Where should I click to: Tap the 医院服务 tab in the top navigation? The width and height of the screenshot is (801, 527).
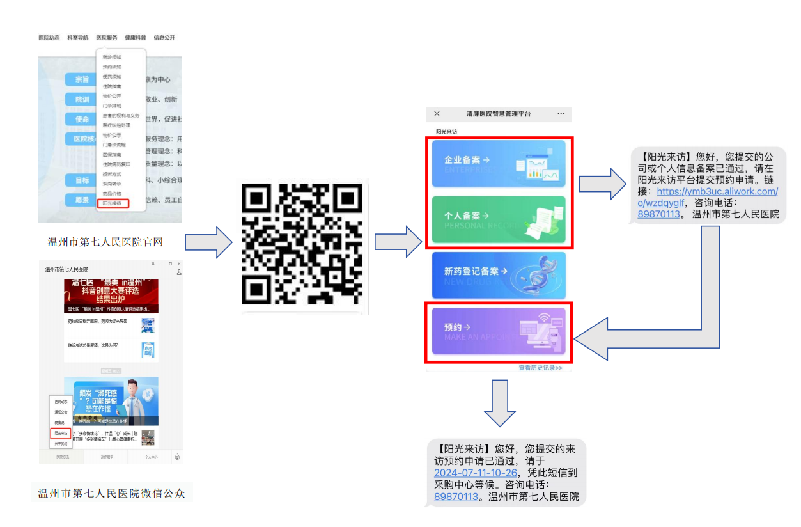[107, 38]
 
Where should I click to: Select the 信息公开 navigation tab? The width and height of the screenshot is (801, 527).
[164, 38]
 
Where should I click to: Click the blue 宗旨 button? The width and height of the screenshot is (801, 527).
[82, 79]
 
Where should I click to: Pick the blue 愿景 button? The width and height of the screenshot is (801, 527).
[82, 200]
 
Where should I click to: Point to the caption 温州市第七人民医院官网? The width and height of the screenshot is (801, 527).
[105, 242]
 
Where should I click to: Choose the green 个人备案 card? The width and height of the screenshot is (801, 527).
[499, 219]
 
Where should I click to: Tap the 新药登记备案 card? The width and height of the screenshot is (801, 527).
[499, 275]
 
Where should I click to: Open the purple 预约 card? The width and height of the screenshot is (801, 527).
[499, 331]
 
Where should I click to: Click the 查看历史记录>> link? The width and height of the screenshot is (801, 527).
[540, 368]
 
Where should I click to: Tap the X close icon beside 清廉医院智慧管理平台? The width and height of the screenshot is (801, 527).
[437, 114]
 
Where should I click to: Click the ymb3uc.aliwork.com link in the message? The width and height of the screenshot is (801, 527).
[717, 191]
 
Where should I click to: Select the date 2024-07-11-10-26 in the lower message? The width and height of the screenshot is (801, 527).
[475, 473]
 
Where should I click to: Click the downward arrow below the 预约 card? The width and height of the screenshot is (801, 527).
[499, 403]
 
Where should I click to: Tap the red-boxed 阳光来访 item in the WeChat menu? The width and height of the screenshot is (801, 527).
[61, 433]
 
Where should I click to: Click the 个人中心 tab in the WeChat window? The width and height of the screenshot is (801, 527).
[151, 457]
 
